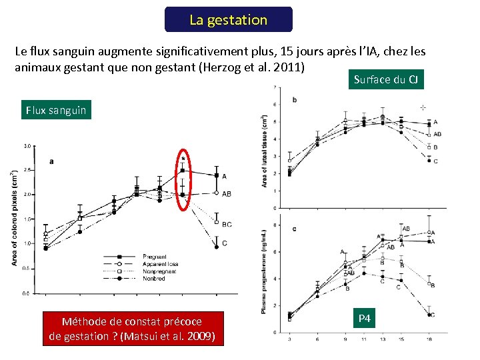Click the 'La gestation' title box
click(x=228, y=20)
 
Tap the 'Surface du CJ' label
click(x=386, y=80)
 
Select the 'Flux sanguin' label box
click(x=56, y=110)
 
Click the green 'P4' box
click(x=365, y=319)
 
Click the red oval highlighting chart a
click(x=183, y=179)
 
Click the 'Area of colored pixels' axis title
click(x=14, y=218)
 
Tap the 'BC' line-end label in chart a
click(x=227, y=225)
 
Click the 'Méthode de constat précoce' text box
click(x=132, y=329)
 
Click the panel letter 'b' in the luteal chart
click(x=295, y=100)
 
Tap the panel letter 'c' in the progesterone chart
click(x=294, y=229)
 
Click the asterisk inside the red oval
click(x=183, y=160)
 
